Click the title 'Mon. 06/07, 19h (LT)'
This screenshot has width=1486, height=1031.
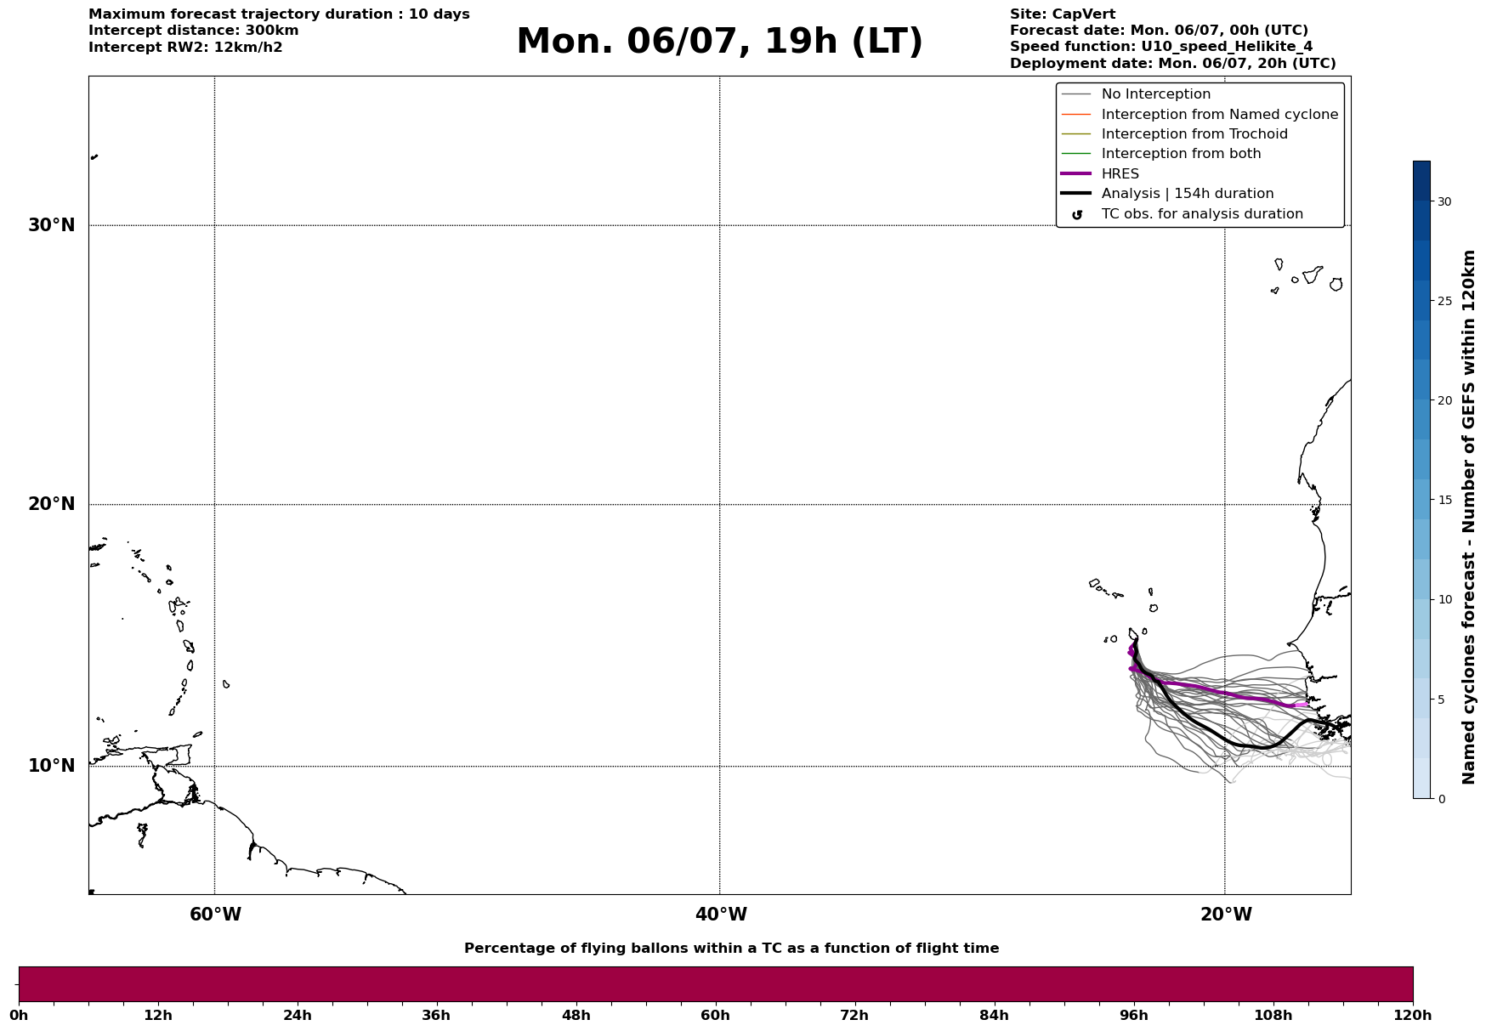pyautogui.click(x=719, y=42)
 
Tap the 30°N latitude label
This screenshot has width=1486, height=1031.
pyautogui.click(x=52, y=225)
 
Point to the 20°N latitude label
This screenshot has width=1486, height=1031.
pyautogui.click(x=52, y=504)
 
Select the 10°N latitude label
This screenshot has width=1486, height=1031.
pyautogui.click(x=52, y=766)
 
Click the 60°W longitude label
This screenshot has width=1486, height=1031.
pyautogui.click(x=215, y=915)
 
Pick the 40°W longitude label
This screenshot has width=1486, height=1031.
pyautogui.click(x=721, y=915)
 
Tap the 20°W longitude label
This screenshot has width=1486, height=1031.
pyautogui.click(x=1226, y=915)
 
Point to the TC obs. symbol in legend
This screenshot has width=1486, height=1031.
pyautogui.click(x=1077, y=215)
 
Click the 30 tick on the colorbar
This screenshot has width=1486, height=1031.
pyautogui.click(x=1444, y=201)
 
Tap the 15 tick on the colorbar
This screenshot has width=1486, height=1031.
pyautogui.click(x=1444, y=500)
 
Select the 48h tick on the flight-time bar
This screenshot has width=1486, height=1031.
pyautogui.click(x=576, y=1016)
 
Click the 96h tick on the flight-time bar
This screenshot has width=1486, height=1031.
pyautogui.click(x=1133, y=1016)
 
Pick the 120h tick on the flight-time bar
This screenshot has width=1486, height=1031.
pyautogui.click(x=1412, y=1016)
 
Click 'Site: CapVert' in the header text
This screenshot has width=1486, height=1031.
pyautogui.click(x=1063, y=14)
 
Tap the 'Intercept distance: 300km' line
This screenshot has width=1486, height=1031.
pyautogui.click(x=194, y=31)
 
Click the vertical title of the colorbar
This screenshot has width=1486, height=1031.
pyautogui.click(x=1468, y=517)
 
